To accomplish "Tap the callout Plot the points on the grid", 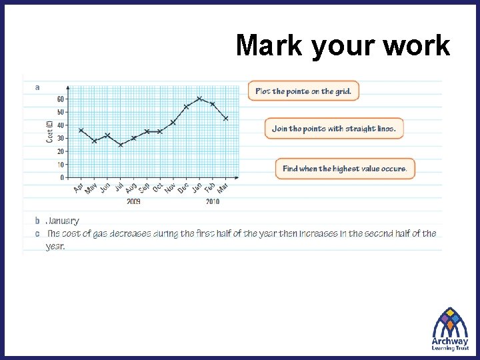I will [x=303, y=91].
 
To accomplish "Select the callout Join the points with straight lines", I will [x=333, y=129].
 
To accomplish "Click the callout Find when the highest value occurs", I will [x=345, y=169].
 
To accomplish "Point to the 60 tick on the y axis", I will [x=60, y=99].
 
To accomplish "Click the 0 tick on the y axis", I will [x=62, y=178].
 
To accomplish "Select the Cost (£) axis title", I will [x=49, y=131].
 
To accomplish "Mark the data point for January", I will [x=199, y=99].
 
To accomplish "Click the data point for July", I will [x=121, y=145].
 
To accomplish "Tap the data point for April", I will [x=81, y=130].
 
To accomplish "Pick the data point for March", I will [x=226, y=118].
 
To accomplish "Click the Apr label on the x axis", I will [x=79, y=189].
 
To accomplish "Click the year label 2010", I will [x=213, y=201].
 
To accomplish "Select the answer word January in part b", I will [x=63, y=221].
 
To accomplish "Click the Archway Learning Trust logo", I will [x=450, y=328].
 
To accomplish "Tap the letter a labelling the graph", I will [x=37, y=87].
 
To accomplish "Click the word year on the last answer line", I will [x=55, y=246].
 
